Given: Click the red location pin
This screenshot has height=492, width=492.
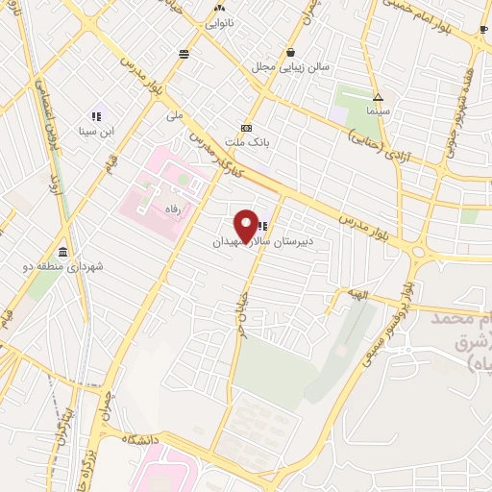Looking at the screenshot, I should [247, 225].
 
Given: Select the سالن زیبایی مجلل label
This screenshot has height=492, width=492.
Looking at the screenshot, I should [290, 67].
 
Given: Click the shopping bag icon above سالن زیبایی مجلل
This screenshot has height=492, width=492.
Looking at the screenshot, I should [290, 52].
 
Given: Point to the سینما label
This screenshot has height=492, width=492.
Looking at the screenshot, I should [377, 111].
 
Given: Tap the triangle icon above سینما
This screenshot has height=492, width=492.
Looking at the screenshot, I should [378, 97].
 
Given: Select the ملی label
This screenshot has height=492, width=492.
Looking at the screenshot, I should [174, 115].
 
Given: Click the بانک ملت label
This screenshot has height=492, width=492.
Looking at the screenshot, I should [247, 141].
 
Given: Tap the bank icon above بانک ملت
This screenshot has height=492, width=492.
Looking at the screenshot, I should [247, 128].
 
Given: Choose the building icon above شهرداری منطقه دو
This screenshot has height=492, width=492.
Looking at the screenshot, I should [62, 252].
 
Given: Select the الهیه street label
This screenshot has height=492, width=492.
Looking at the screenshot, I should [358, 295].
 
